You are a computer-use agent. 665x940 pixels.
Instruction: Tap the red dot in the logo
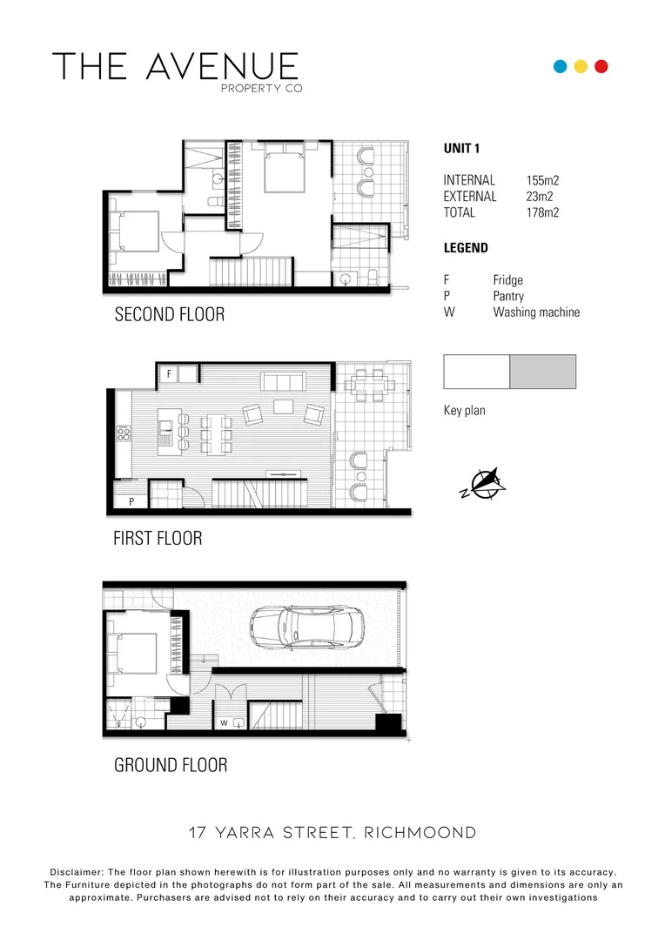coord(601,66)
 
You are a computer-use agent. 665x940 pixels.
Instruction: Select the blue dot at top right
coord(561,66)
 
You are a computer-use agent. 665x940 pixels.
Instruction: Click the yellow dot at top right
coord(581,66)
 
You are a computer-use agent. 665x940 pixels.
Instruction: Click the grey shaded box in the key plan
coord(542,372)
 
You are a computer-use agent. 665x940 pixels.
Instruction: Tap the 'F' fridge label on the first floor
coord(169,374)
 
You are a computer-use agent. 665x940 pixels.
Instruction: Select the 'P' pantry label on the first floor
coord(131,502)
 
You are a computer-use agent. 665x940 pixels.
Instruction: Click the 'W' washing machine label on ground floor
coord(224,722)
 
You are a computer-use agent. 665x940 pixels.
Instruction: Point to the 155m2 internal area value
coord(542,180)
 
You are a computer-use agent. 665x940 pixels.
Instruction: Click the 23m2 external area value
coord(540,197)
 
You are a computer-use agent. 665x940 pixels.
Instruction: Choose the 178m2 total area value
coord(542,212)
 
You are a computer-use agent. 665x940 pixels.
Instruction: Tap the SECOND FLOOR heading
coord(170,314)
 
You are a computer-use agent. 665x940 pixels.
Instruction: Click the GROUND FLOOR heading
coord(171,765)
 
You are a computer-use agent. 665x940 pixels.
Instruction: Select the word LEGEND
coord(466,248)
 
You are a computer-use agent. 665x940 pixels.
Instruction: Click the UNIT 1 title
coord(462,149)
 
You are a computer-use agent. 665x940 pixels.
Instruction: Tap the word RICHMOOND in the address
coord(420,833)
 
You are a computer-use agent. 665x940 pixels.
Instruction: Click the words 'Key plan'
coord(465,411)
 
